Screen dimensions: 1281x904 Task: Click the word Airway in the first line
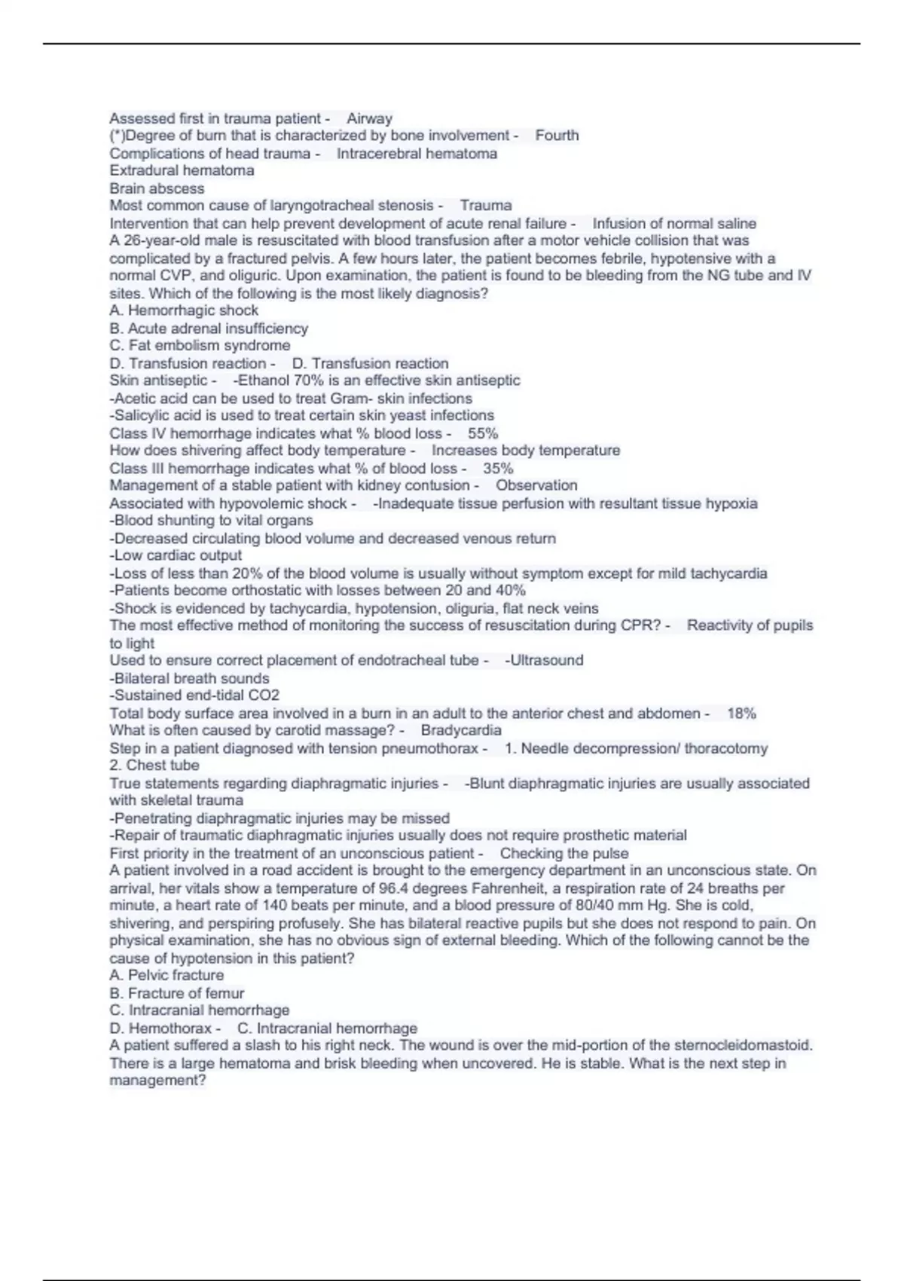(369, 118)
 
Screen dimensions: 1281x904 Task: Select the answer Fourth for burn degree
(557, 136)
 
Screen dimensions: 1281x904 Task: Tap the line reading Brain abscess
(157, 188)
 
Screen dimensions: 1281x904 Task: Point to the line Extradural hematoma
(182, 170)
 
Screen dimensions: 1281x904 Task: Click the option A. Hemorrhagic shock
(184, 310)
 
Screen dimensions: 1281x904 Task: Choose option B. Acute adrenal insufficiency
(209, 329)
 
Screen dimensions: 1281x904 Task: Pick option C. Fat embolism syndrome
(200, 346)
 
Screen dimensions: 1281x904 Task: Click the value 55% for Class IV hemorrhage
(483, 433)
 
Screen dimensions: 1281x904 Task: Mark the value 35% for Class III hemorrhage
(498, 468)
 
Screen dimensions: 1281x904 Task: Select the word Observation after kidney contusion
(536, 485)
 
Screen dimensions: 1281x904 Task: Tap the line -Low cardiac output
(176, 555)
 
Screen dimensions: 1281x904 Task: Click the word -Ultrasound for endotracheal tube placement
(544, 660)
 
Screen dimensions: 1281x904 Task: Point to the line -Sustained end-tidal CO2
(194, 696)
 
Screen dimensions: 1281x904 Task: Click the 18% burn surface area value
(741, 714)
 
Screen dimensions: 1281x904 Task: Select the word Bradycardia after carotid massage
(461, 730)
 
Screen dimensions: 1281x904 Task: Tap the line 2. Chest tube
(154, 766)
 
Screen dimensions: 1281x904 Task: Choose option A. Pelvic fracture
(166, 976)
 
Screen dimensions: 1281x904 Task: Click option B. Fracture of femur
(176, 993)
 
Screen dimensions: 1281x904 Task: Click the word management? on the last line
(157, 1081)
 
